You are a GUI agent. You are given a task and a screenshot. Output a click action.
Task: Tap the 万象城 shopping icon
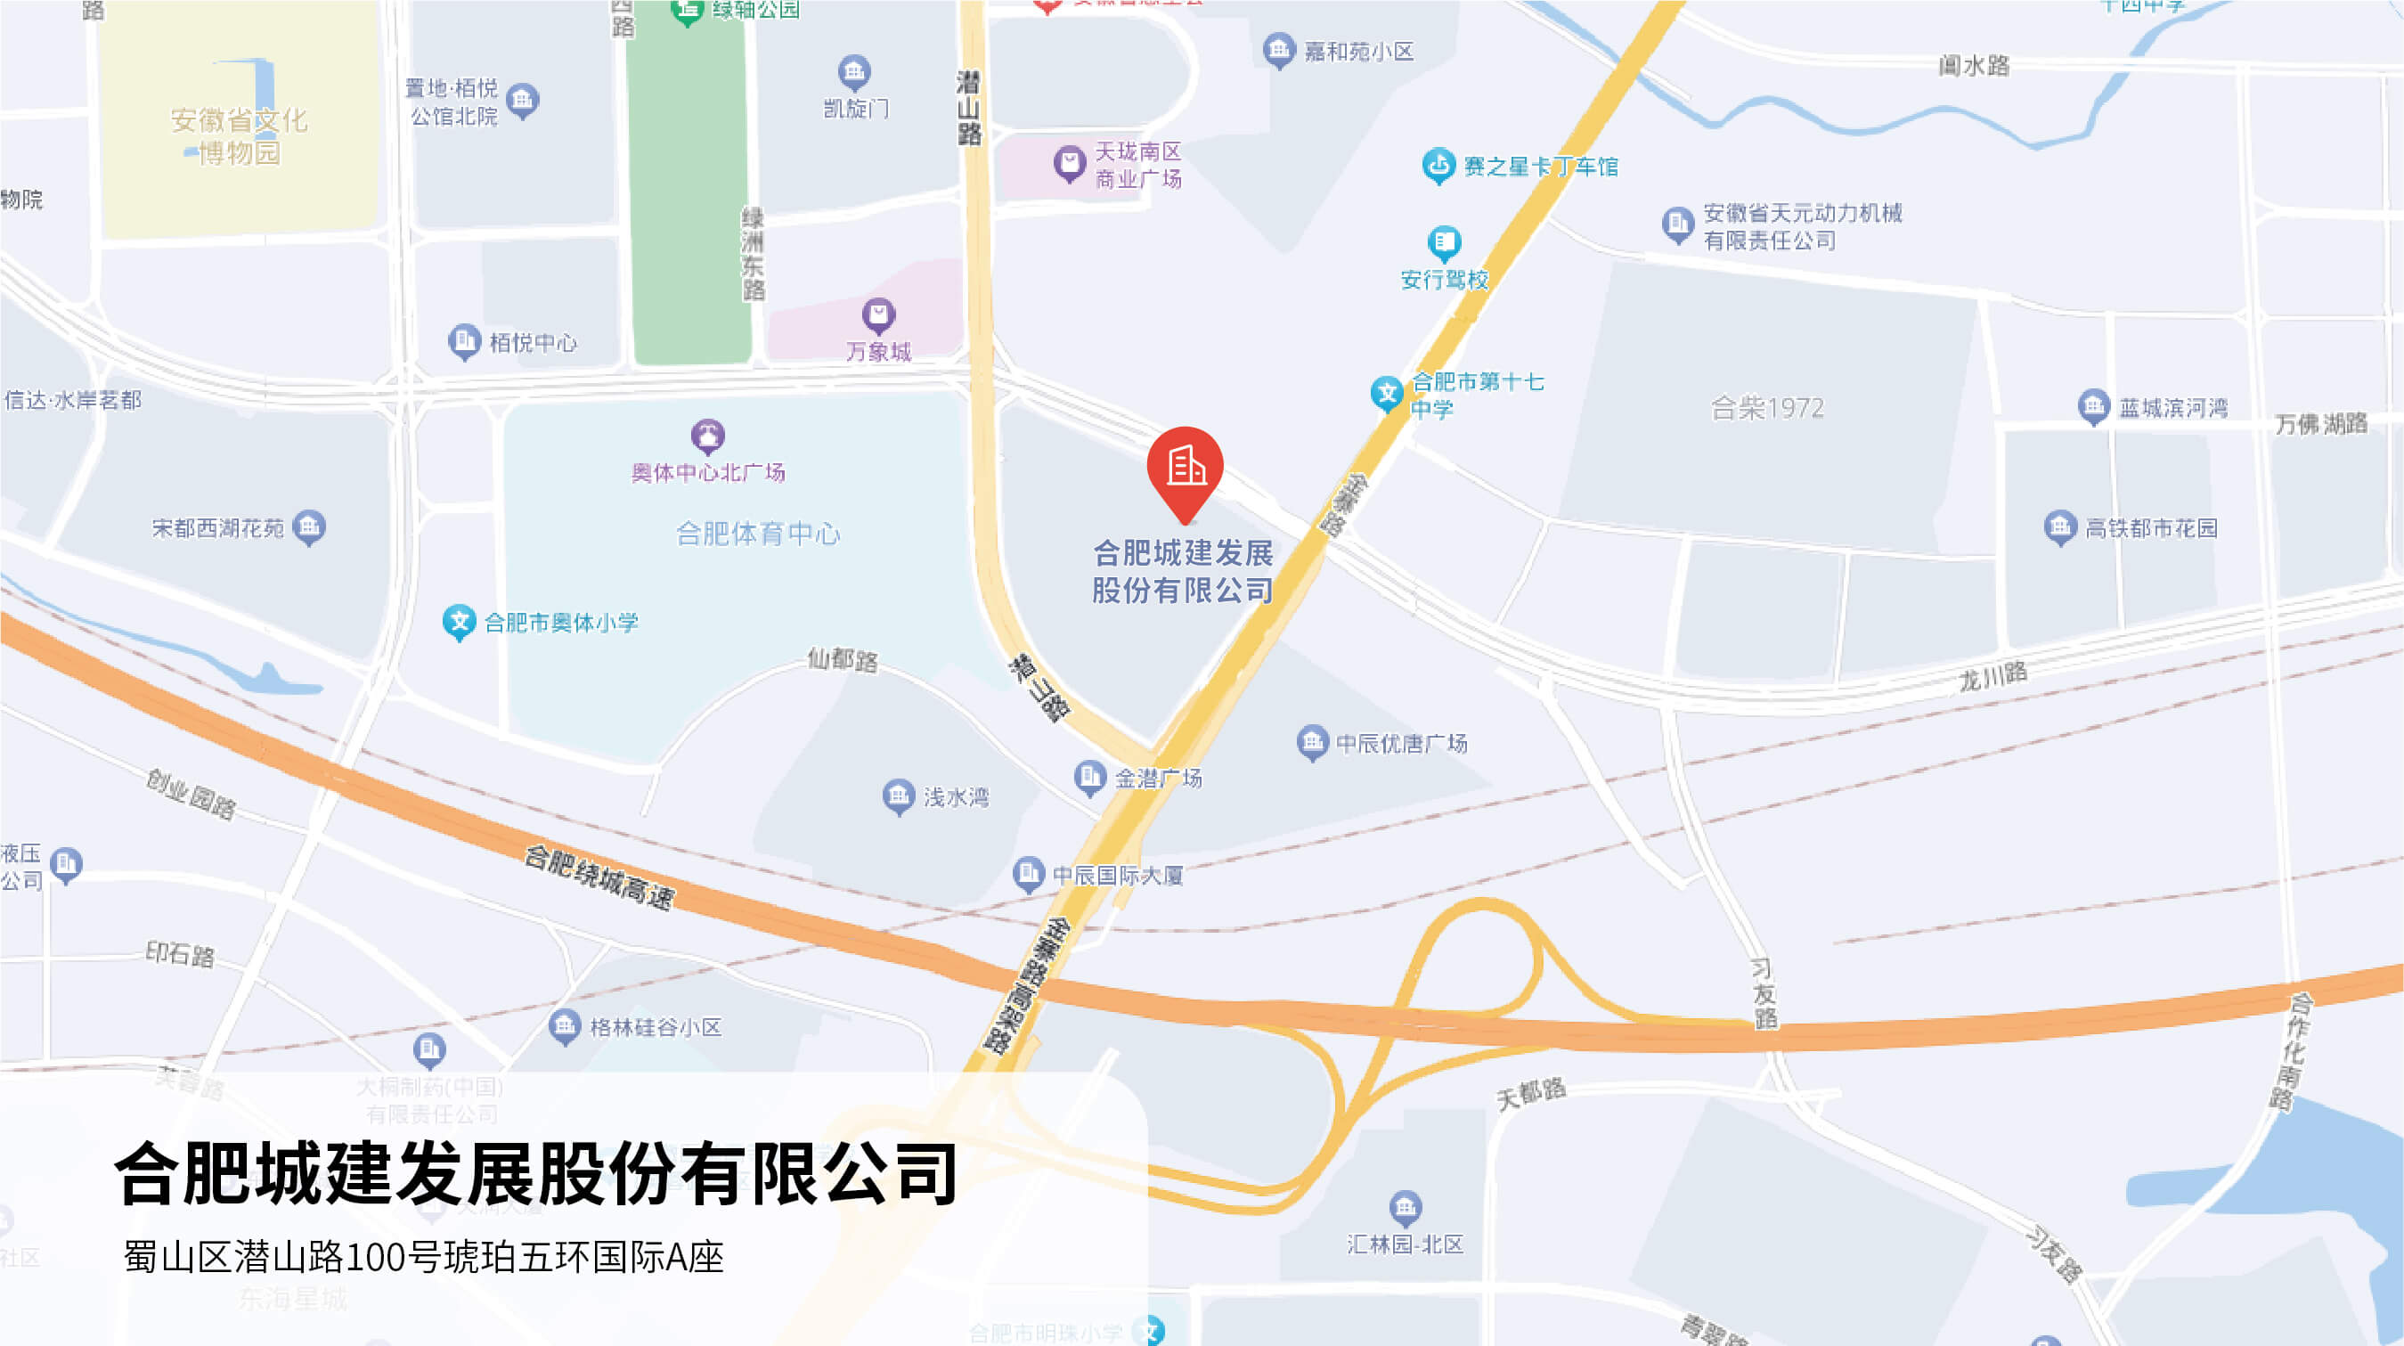[x=878, y=315]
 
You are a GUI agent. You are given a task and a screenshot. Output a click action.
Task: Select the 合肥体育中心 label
[x=758, y=534]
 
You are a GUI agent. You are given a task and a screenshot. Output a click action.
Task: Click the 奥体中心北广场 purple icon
[x=707, y=436]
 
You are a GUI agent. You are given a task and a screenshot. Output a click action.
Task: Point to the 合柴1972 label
[x=1766, y=408]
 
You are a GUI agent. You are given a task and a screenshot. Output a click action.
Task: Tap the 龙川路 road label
[x=1992, y=676]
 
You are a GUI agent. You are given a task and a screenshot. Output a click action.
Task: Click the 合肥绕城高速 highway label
[x=599, y=877]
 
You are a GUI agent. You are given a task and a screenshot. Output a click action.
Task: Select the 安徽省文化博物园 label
[x=239, y=135]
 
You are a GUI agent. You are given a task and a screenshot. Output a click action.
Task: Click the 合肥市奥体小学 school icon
[x=459, y=622]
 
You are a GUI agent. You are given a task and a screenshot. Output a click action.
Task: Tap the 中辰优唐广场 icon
[x=1312, y=743]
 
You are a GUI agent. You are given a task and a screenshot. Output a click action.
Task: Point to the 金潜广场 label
[x=1158, y=778]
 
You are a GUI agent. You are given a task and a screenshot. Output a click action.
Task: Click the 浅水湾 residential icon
[x=899, y=796]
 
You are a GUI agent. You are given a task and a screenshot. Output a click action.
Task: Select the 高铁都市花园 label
[x=2151, y=528]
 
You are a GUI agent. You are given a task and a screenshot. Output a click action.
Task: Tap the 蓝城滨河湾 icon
[x=2093, y=407]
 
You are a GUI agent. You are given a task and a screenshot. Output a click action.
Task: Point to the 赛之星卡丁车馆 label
[x=1541, y=167]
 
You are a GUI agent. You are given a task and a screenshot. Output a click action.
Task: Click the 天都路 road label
[x=1530, y=1093]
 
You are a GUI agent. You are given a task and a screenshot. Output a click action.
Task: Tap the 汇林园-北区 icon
[x=1406, y=1208]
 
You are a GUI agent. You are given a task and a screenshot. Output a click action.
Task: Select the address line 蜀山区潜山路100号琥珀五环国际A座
[x=424, y=1256]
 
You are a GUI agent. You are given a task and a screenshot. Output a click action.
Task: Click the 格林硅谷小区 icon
[x=565, y=1027]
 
